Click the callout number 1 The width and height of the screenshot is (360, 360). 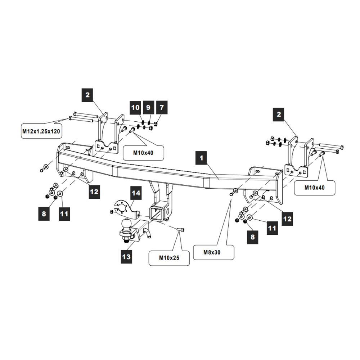(202, 157)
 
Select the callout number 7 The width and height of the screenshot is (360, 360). (161, 107)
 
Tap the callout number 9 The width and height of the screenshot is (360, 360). (148, 107)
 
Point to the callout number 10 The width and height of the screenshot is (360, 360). (135, 107)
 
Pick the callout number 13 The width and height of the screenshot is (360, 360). (126, 257)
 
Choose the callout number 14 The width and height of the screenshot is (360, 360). (135, 193)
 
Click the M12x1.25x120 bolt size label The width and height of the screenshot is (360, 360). (41, 131)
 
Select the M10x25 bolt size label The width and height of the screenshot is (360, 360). (169, 258)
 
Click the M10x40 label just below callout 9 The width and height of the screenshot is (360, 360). (143, 153)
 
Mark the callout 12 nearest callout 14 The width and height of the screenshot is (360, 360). (94, 192)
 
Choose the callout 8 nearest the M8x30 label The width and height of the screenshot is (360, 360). (252, 237)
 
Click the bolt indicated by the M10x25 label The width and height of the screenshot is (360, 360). (181, 229)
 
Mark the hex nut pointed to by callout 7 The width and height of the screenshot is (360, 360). (154, 123)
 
